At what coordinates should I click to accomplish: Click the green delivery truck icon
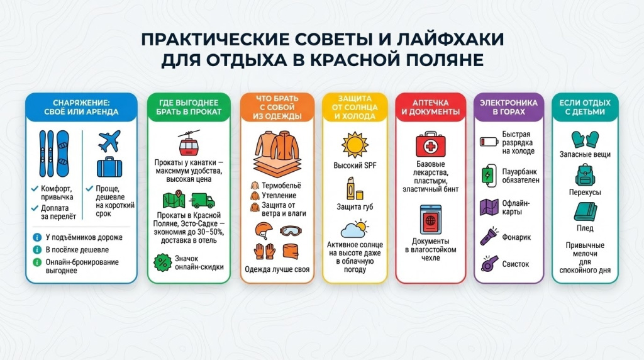(202, 200)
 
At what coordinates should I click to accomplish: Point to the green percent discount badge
(163, 262)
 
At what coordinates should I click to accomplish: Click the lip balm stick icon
(350, 188)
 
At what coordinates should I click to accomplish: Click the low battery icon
(488, 142)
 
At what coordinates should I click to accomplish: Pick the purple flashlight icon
(489, 237)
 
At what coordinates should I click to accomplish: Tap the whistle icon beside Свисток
(488, 264)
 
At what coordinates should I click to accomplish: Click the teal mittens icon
(584, 138)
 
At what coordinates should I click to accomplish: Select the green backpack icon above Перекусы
(584, 174)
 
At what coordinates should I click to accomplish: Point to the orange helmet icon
(264, 231)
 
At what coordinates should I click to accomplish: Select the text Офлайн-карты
(516, 207)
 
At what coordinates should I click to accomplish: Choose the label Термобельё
(281, 185)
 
